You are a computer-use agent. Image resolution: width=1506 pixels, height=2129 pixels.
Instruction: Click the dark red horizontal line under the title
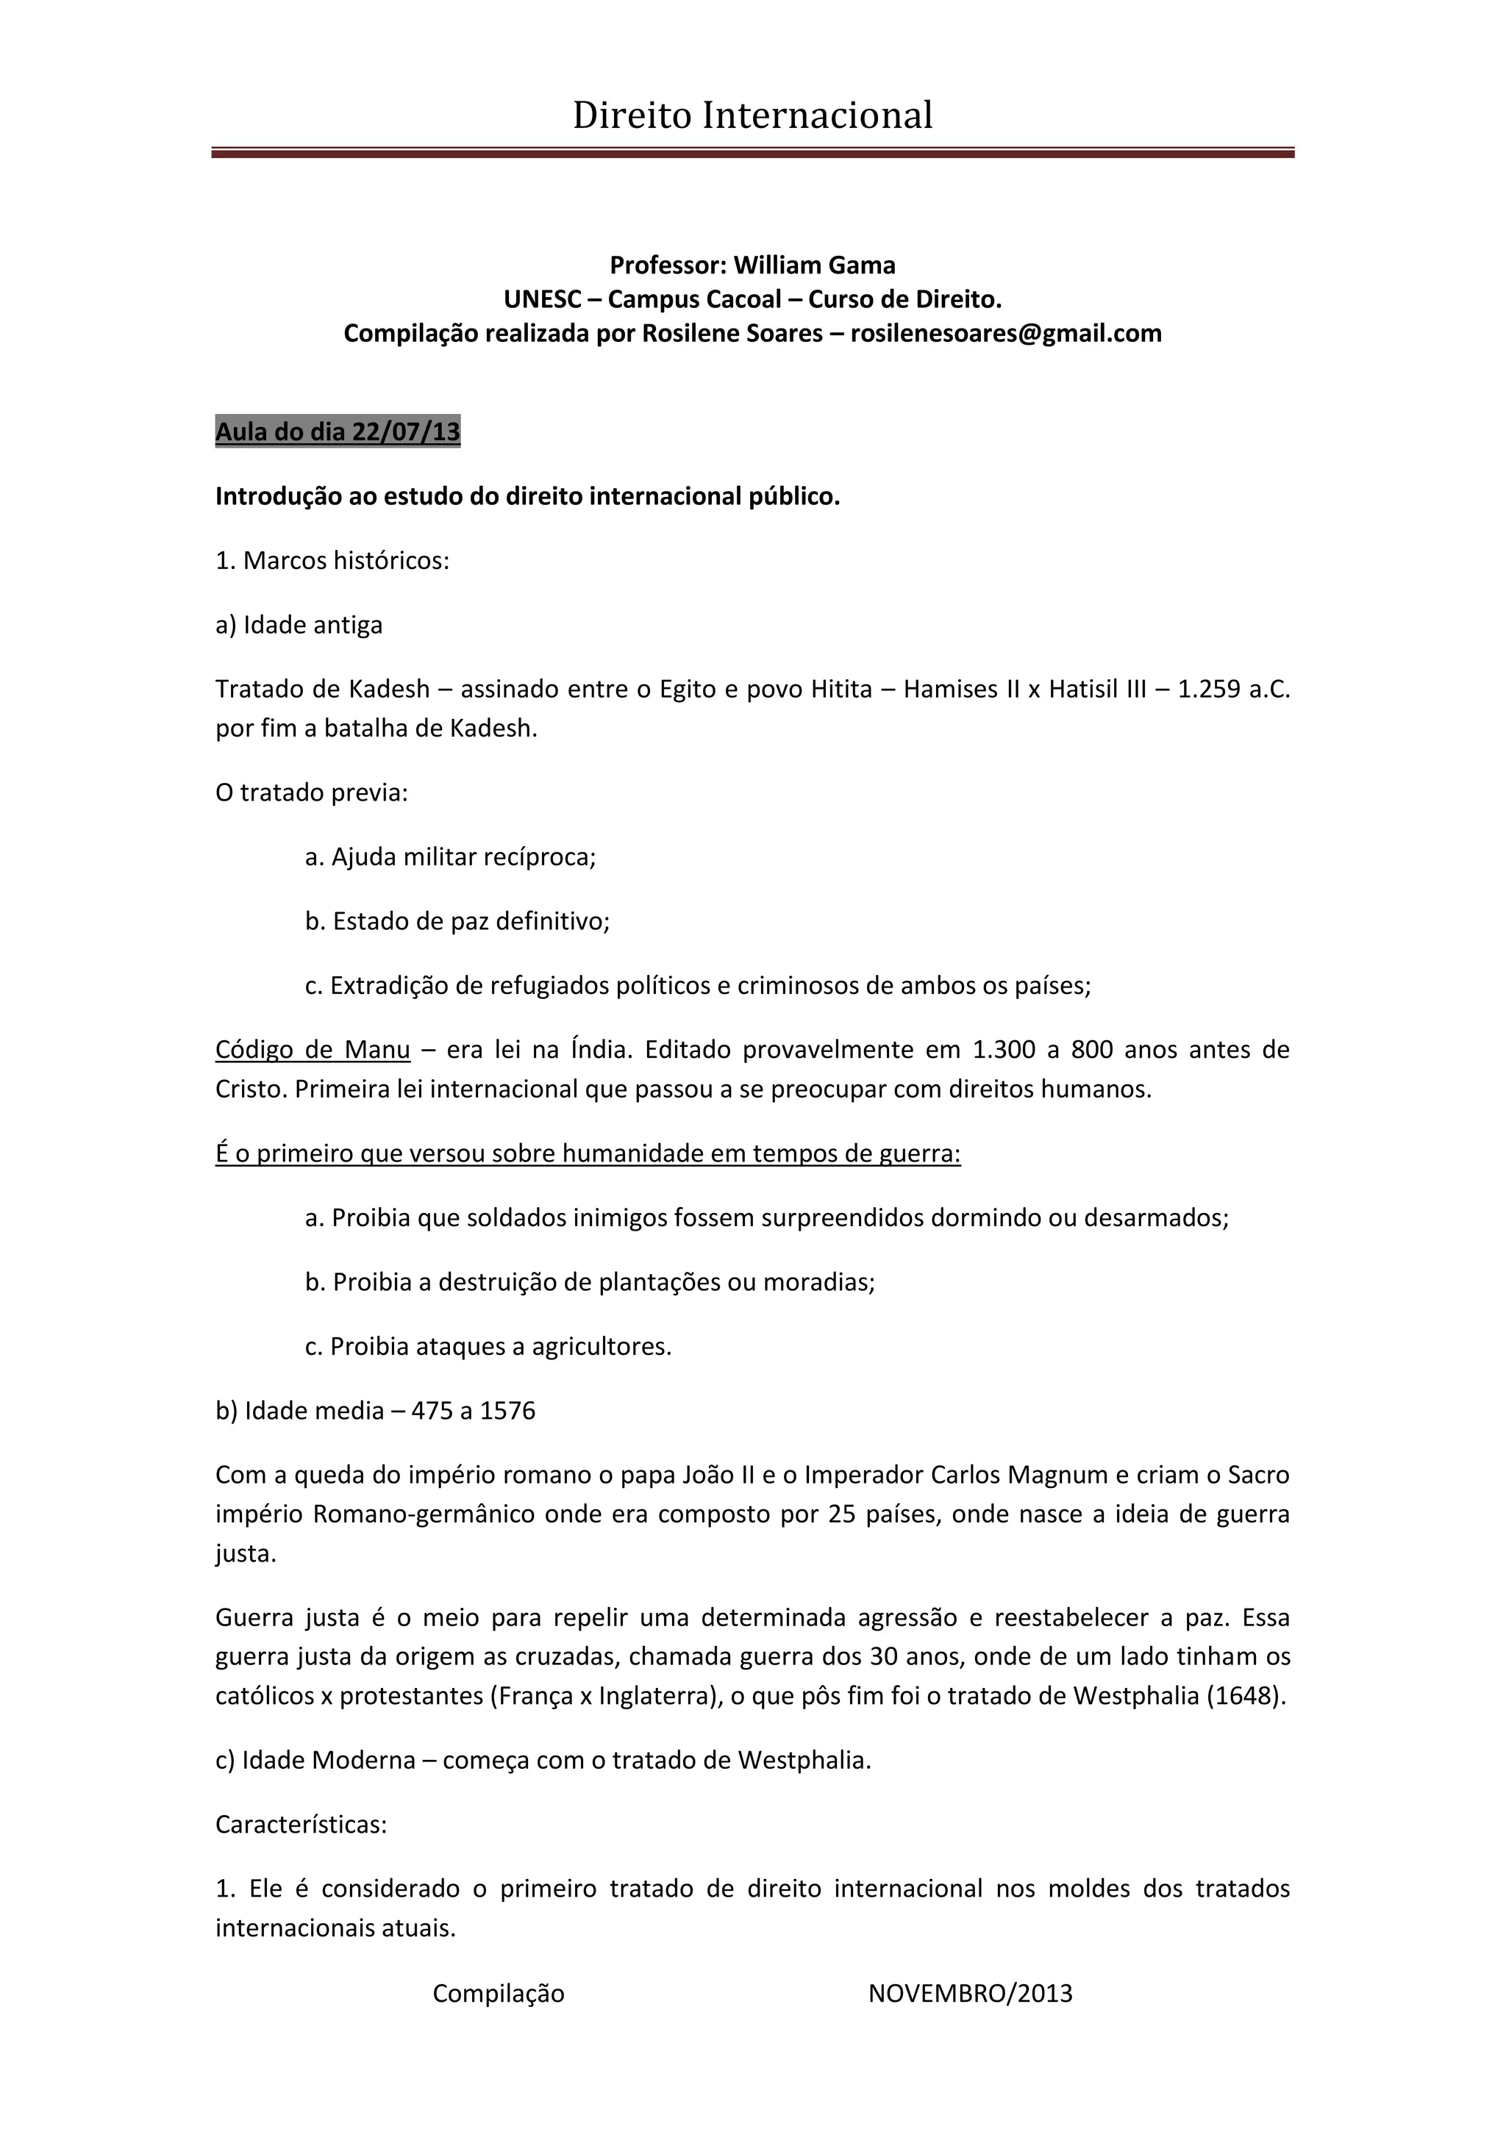click(x=752, y=153)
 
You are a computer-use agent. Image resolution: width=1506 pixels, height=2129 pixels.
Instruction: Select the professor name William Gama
click(x=814, y=265)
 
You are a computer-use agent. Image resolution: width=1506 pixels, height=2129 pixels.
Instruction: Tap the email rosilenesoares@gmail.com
click(x=1005, y=333)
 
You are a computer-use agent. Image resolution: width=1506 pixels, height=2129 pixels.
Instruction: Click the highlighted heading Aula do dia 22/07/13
click(x=338, y=432)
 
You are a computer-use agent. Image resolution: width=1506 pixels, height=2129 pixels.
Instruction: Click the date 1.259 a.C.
click(x=1233, y=689)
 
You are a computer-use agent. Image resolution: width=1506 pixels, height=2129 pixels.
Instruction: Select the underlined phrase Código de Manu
click(x=313, y=1050)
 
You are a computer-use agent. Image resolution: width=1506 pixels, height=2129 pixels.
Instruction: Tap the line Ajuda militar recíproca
click(x=451, y=856)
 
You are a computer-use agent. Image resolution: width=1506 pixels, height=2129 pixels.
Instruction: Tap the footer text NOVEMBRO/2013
click(x=970, y=1994)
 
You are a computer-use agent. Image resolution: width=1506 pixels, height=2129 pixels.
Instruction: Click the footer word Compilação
click(x=498, y=1994)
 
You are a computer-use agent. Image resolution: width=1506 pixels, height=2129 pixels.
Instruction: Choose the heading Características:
click(x=301, y=1824)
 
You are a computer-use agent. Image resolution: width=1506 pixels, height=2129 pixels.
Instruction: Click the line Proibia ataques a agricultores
click(x=489, y=1346)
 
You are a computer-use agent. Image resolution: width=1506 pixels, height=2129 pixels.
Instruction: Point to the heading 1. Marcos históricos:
click(x=332, y=561)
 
